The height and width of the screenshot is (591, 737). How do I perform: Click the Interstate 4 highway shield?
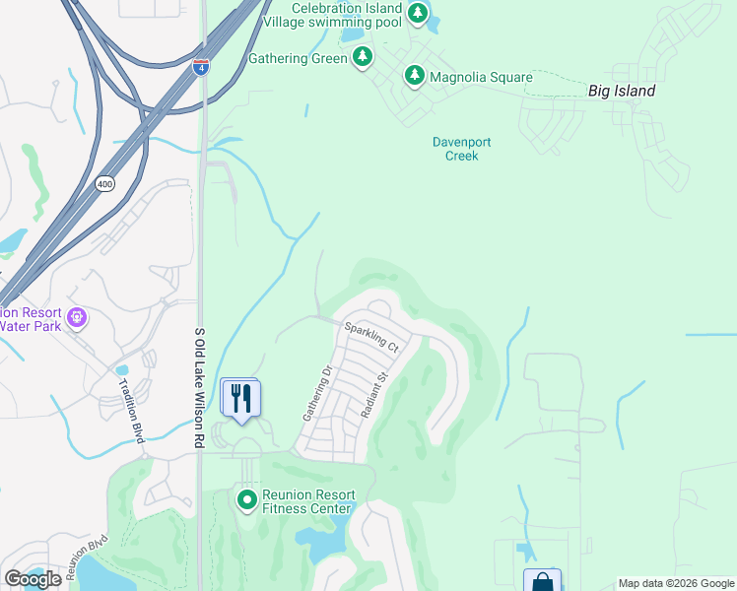200,67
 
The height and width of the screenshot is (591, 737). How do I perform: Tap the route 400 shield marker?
105,184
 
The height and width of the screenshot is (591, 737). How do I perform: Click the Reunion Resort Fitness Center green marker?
246,500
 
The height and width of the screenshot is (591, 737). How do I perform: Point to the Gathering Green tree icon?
363,58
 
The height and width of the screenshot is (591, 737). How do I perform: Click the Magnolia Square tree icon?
415,76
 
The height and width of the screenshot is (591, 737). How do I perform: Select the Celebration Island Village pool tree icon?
418,13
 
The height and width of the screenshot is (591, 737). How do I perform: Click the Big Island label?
621,91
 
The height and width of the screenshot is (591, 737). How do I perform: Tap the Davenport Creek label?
461,149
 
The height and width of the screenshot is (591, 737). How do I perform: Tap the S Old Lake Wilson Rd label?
199,390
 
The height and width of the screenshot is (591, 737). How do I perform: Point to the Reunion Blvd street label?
86,558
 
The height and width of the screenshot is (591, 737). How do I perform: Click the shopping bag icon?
542,581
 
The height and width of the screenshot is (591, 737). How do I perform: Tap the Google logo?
33,579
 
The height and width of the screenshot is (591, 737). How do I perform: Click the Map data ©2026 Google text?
675,583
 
